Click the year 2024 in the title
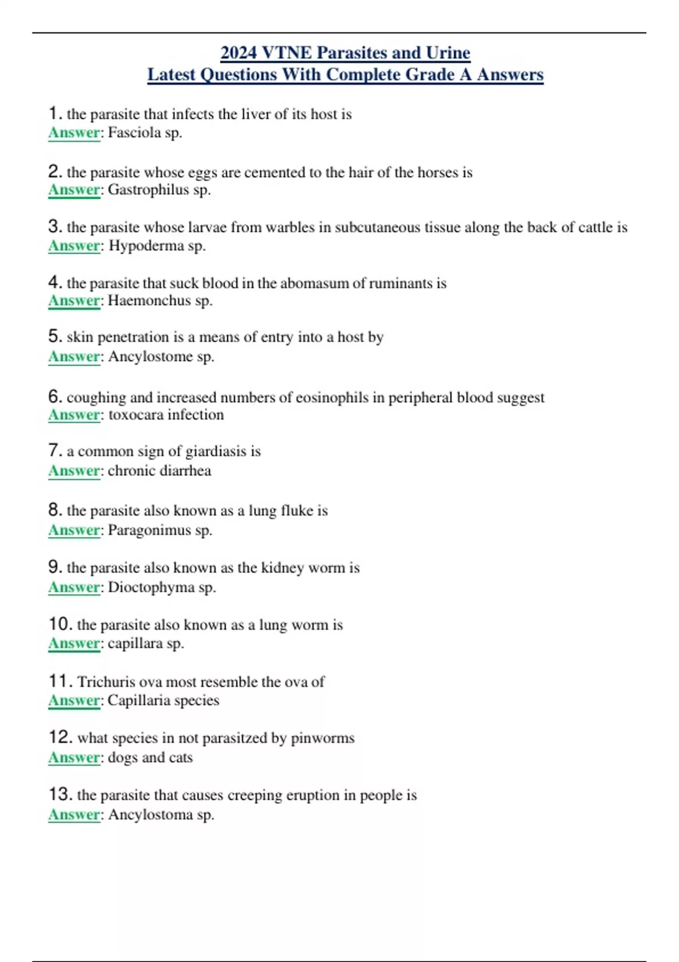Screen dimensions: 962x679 [x=238, y=53]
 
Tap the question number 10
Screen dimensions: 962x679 [x=60, y=624]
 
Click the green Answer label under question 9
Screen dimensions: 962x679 [x=74, y=587]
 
